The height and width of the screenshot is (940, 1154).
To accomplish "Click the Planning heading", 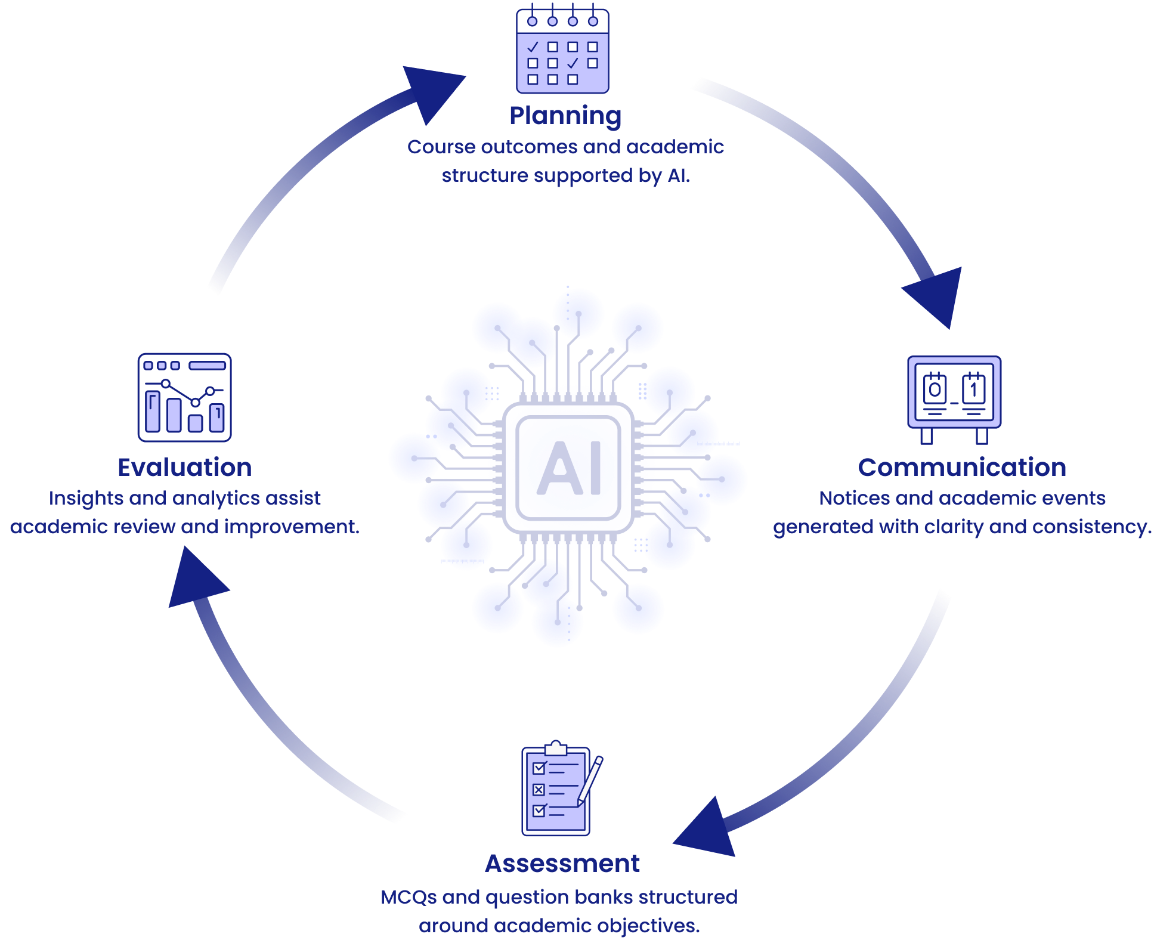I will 565,116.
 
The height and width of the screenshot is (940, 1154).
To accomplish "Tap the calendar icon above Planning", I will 562,51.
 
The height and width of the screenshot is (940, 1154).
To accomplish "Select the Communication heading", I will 961,468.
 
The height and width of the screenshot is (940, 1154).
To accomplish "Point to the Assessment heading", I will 562,864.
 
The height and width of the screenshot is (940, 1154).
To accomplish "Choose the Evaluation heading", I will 184,468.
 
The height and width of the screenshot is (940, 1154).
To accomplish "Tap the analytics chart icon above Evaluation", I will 184,397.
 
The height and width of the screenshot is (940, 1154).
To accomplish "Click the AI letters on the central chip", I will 569,469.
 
